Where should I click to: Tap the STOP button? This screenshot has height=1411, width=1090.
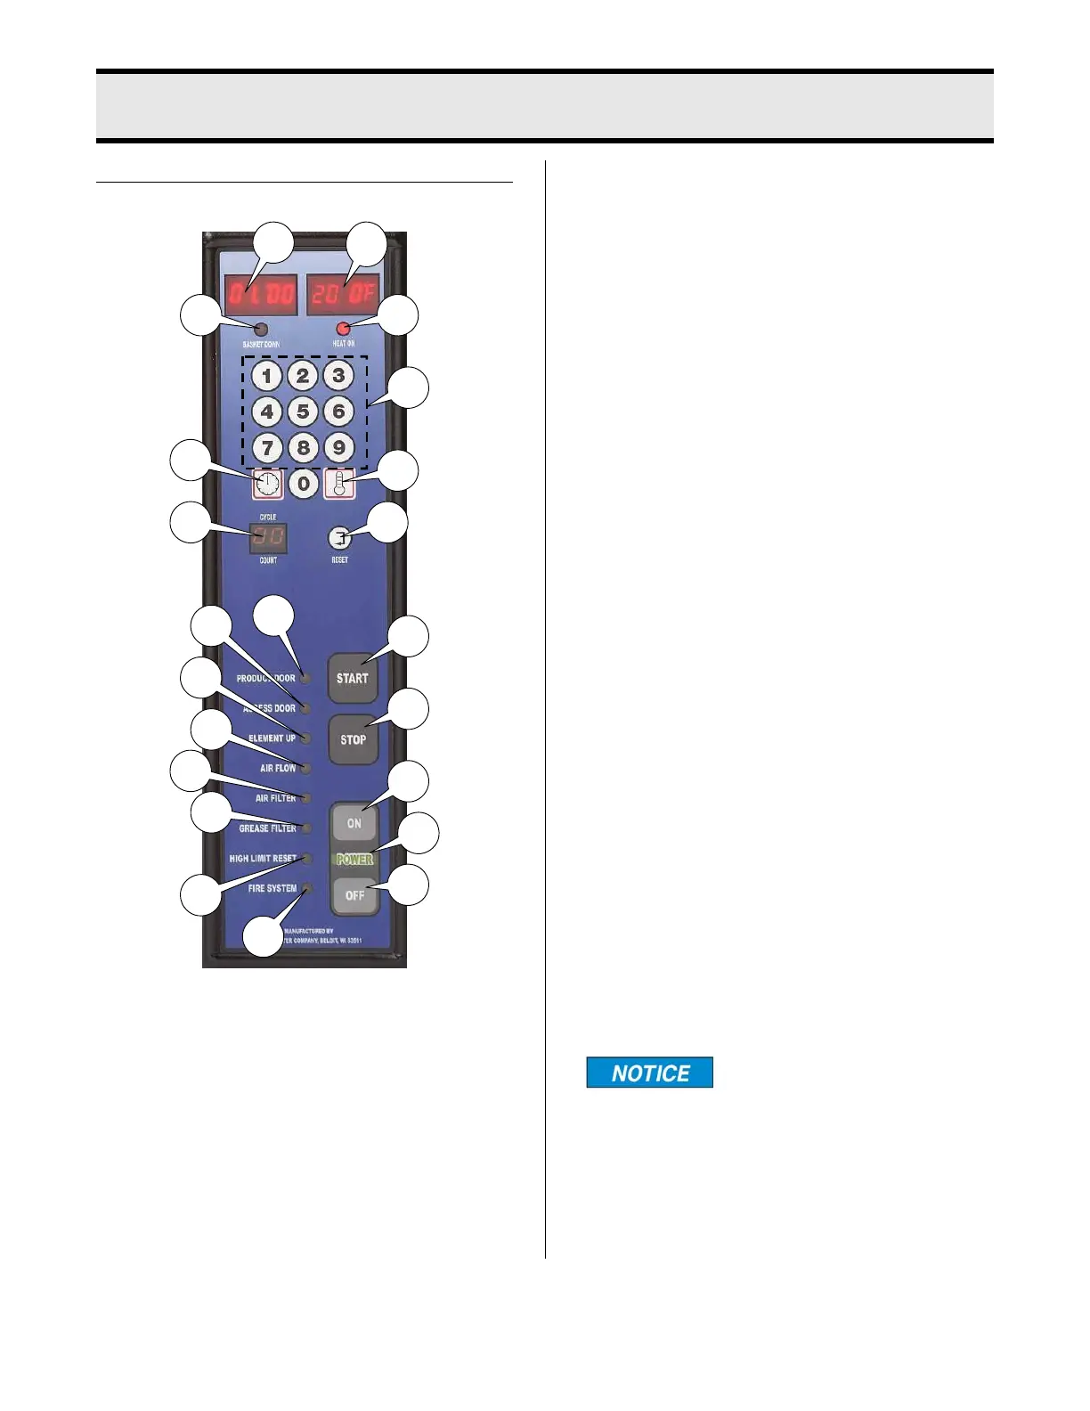(354, 738)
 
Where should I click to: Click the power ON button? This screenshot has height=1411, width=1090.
(354, 823)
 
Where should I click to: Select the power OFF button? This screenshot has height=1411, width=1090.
(354, 894)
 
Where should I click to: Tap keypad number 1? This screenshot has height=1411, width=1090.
(266, 376)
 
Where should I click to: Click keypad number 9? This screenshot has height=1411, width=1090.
(338, 447)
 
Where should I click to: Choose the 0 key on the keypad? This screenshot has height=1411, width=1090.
(304, 484)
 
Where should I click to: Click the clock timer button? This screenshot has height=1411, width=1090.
(267, 484)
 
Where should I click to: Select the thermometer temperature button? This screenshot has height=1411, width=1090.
(339, 484)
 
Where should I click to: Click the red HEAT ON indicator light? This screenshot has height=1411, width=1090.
(343, 329)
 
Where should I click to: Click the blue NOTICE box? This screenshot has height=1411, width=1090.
(649, 1073)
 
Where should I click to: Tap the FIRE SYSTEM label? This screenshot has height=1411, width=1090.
(272, 888)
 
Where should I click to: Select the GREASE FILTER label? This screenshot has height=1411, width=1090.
(267, 828)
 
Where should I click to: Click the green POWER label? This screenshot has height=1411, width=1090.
(354, 860)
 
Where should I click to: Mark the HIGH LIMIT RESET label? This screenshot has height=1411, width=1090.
(263, 859)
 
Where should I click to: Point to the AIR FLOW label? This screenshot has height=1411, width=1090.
(278, 768)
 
